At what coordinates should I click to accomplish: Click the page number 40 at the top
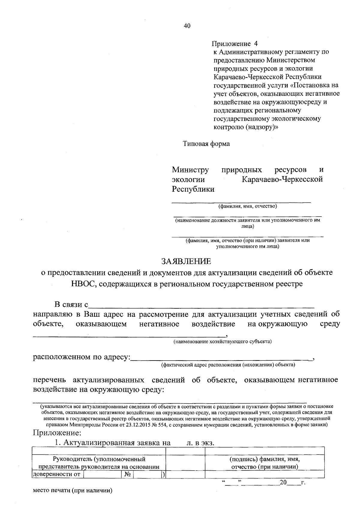tap(187, 26)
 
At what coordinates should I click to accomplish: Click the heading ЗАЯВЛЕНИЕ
tap(186, 261)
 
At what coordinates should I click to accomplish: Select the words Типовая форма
tap(206, 144)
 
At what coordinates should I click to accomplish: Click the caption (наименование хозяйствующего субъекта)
tap(223, 341)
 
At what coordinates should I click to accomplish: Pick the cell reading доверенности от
tap(56, 474)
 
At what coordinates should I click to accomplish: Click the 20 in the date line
tap(283, 483)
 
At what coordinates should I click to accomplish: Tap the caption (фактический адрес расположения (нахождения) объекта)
tap(228, 365)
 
